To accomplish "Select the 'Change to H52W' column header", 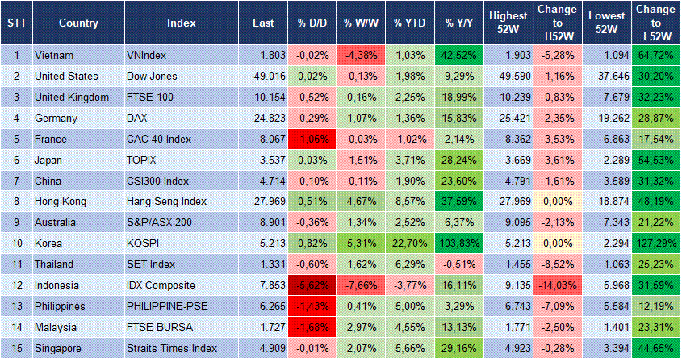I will point(557,23).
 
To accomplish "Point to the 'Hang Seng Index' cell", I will point(167,202).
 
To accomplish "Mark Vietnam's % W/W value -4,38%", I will point(361,55).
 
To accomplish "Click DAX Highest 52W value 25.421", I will point(508,118).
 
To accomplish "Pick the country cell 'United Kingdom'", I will point(72,97).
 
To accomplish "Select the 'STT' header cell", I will point(15,23).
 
